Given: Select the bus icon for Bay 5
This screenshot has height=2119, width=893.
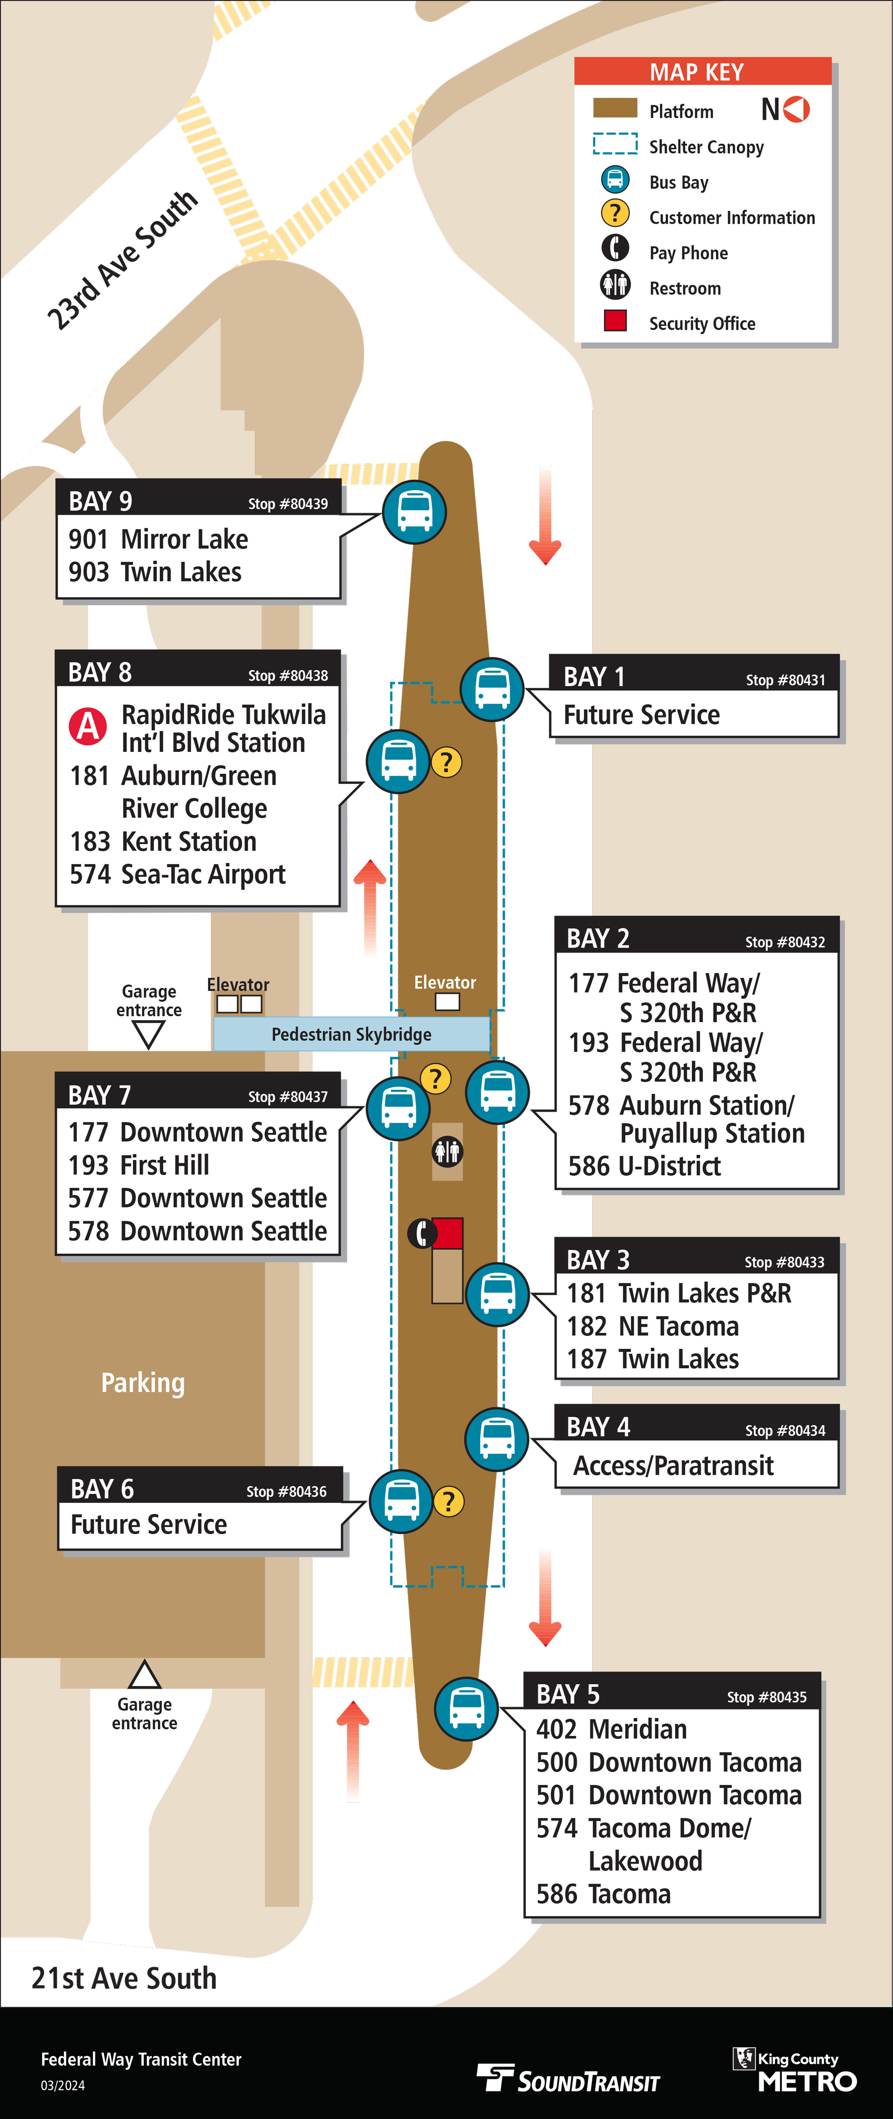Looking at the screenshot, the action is click(x=467, y=1709).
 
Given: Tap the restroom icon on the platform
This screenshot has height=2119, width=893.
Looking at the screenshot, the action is click(x=447, y=1151).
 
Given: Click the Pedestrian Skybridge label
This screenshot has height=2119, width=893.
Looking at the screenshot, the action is click(x=351, y=1034).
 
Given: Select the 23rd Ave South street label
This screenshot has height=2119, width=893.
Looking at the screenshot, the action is click(x=122, y=260).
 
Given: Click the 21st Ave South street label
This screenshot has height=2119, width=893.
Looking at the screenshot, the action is click(x=125, y=1978).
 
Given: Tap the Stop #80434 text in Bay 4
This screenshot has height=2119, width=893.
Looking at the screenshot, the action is click(x=785, y=1431).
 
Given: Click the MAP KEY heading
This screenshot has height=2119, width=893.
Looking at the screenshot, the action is click(x=697, y=72).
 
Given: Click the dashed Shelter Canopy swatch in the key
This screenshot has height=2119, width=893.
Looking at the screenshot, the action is click(x=615, y=144).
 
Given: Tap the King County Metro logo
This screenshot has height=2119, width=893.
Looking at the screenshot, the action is click(x=795, y=2069).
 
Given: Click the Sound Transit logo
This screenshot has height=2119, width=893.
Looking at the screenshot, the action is click(x=569, y=2077).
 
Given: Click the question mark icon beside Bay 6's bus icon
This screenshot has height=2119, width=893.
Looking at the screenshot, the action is click(x=448, y=1501).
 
